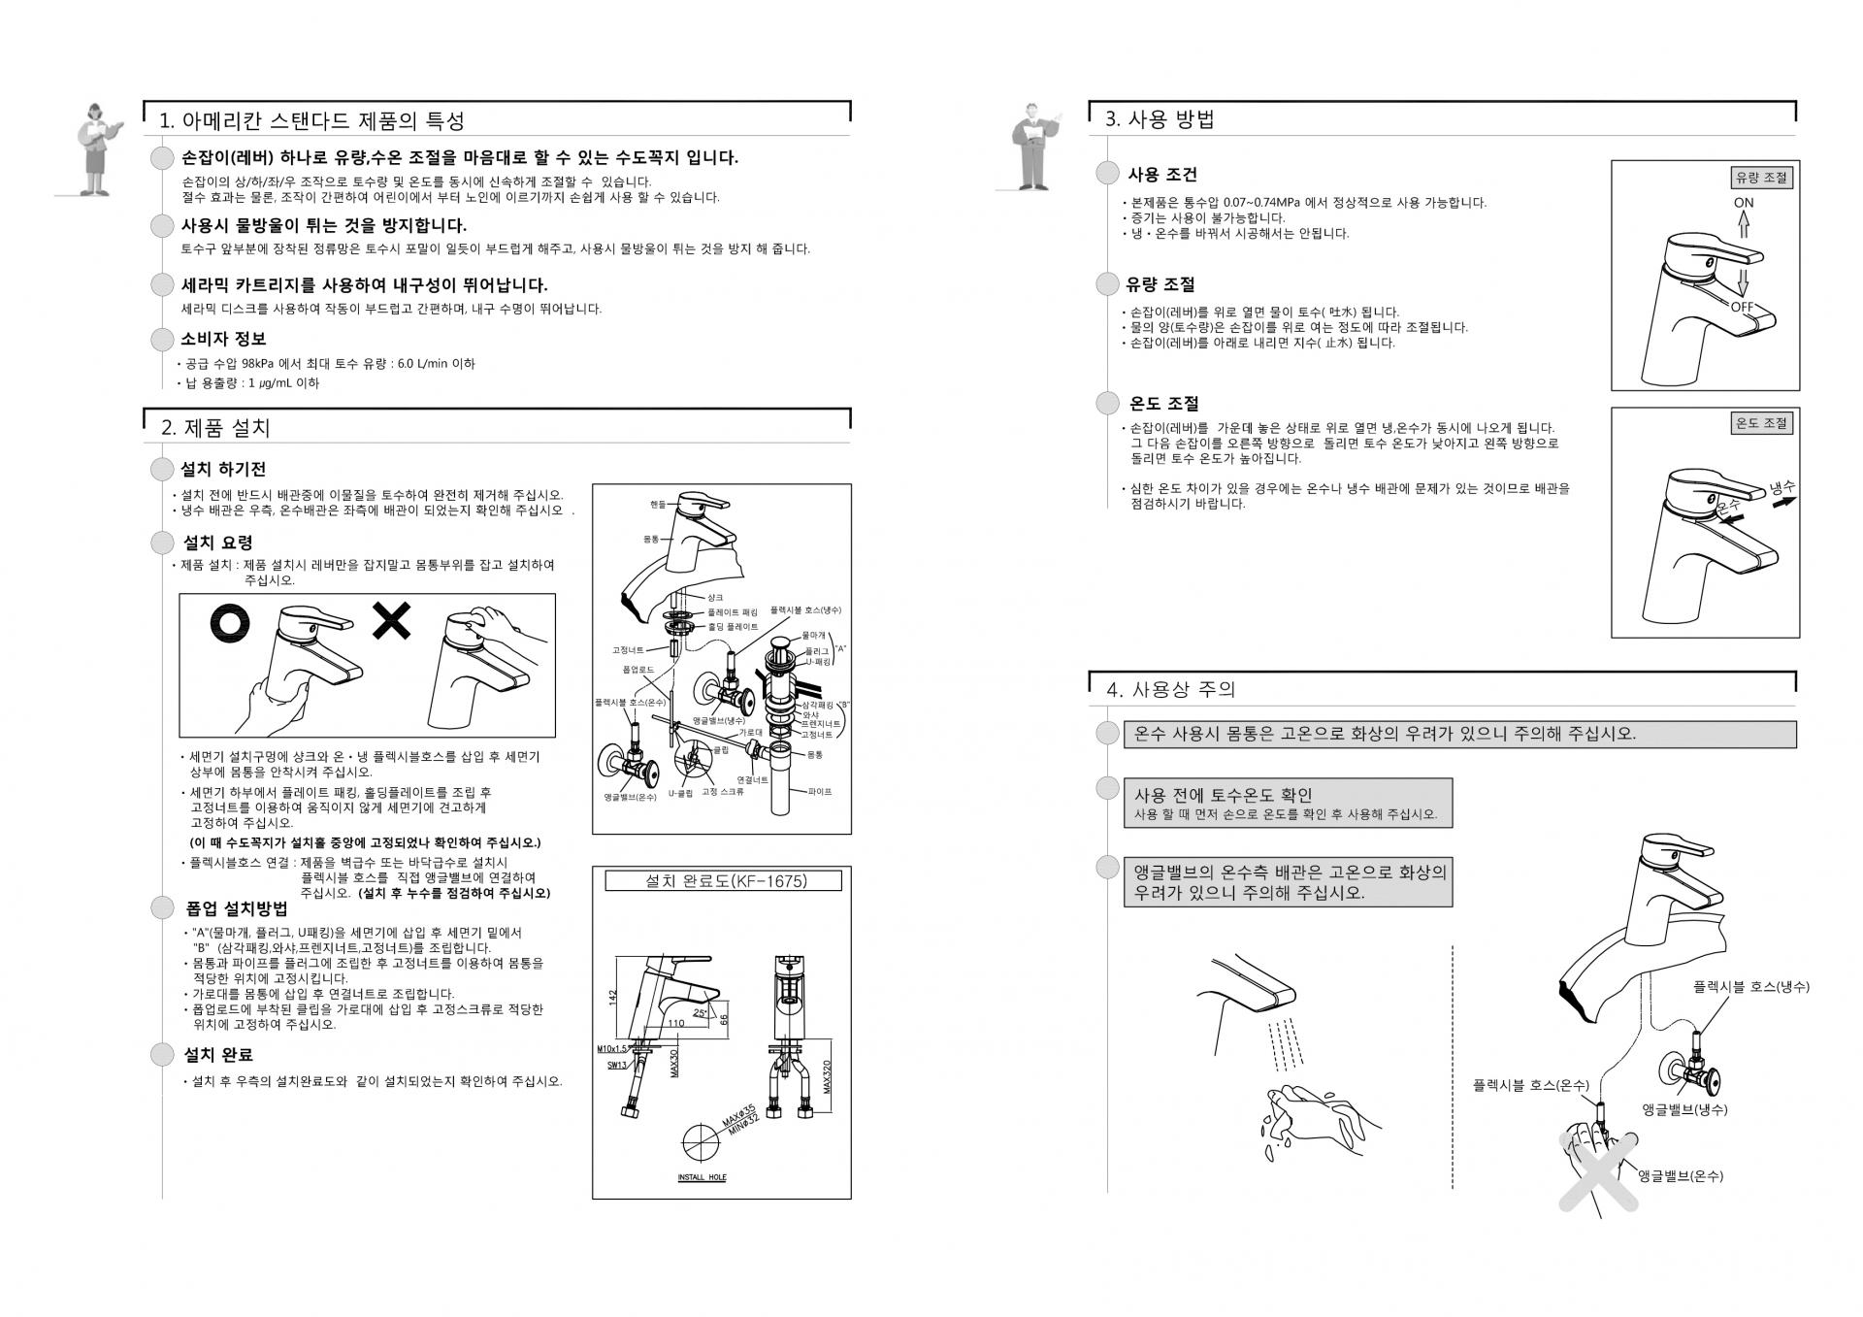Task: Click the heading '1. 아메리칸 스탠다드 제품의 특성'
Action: [x=311, y=120]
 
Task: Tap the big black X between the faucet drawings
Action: [x=392, y=621]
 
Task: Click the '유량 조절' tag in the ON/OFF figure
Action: [x=1762, y=178]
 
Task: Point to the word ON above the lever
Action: [x=1744, y=203]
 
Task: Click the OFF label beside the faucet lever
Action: [x=1743, y=307]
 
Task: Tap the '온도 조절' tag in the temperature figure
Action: [x=1762, y=423]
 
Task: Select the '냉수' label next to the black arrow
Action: [x=1781, y=487]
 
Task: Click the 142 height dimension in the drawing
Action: [x=613, y=997]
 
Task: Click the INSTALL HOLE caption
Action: [x=702, y=1177]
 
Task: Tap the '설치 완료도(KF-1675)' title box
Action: [x=723, y=880]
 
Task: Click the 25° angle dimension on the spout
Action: [x=700, y=1013]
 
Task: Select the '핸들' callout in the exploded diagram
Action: [x=659, y=504]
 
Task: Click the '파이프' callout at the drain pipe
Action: [x=820, y=792]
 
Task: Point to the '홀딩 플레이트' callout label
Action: [x=733, y=627]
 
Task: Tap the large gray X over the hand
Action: [x=1597, y=1169]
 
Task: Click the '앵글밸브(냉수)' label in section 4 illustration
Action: [x=1684, y=1109]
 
